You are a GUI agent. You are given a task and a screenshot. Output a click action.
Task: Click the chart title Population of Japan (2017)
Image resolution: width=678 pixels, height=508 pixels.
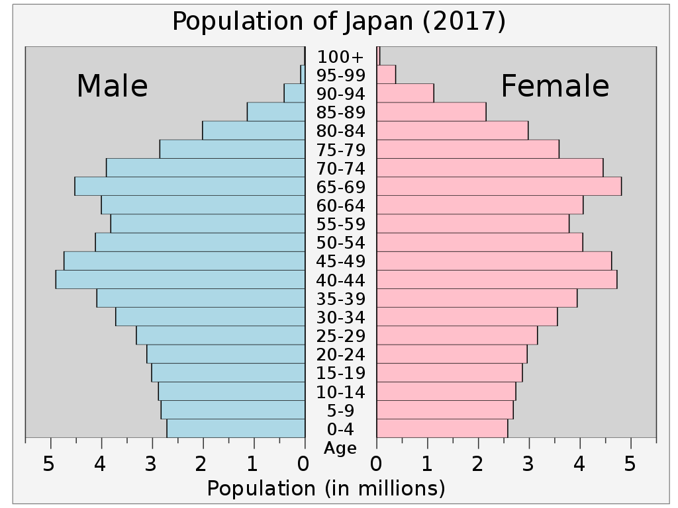(339, 22)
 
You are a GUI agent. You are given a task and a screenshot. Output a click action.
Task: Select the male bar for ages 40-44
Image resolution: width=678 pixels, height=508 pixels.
(180, 280)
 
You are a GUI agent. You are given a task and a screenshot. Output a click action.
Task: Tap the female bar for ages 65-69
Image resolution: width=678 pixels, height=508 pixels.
(499, 187)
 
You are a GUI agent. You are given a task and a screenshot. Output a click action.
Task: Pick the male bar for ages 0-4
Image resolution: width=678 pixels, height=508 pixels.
(236, 429)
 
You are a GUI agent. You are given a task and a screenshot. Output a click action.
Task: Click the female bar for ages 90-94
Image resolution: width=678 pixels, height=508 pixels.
(405, 93)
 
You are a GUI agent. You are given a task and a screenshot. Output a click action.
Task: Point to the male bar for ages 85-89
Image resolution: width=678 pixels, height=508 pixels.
(276, 112)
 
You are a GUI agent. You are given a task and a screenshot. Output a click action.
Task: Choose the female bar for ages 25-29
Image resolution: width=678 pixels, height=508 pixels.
(457, 335)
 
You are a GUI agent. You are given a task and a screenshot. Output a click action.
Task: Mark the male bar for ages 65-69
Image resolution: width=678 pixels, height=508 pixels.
(190, 187)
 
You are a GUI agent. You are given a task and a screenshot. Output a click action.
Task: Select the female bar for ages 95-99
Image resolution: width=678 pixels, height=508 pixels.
(386, 75)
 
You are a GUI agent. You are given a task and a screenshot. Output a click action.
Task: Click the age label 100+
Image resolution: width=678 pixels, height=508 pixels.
(340, 57)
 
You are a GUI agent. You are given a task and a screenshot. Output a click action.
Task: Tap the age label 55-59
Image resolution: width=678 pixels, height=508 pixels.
(340, 224)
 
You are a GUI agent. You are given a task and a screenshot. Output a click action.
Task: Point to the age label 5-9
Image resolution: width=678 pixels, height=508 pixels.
(340, 411)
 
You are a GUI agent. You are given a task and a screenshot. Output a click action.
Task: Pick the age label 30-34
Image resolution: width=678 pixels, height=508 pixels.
(340, 317)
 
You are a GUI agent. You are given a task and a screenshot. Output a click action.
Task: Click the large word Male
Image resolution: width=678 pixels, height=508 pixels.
(112, 87)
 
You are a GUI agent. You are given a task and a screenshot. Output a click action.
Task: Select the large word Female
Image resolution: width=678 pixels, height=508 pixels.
(555, 87)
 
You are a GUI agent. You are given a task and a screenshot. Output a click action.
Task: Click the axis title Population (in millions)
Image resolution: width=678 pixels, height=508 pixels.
(326, 489)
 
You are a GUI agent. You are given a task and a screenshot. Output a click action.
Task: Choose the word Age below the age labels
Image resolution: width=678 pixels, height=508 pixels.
(340, 448)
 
